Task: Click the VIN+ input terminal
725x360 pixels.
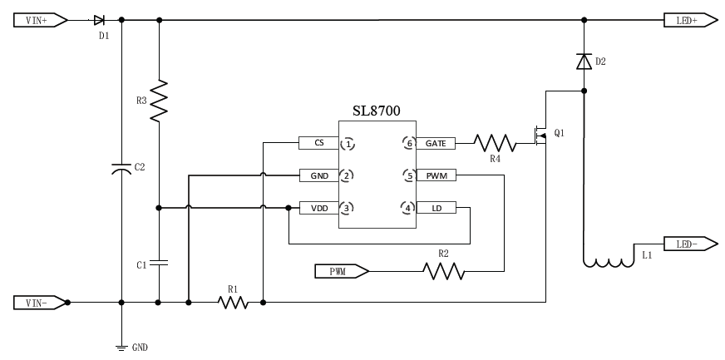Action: tap(38, 20)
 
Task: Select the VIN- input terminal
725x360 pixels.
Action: tap(38, 303)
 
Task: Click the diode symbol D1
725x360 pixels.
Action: tap(99, 20)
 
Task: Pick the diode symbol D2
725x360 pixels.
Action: tap(584, 61)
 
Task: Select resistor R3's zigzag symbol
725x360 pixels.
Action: tap(159, 101)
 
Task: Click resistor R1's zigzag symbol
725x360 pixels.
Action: tap(234, 303)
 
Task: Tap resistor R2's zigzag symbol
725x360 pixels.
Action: tap(443, 271)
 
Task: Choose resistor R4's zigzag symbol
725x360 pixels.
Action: tap(495, 143)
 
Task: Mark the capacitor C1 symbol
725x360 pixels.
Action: tap(159, 263)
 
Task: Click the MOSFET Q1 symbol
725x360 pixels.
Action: tap(540, 136)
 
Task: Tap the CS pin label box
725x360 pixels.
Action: tap(318, 143)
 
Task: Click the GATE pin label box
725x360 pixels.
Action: tap(436, 143)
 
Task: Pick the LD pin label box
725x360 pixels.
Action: tap(436, 208)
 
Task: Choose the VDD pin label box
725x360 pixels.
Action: tap(318, 208)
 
